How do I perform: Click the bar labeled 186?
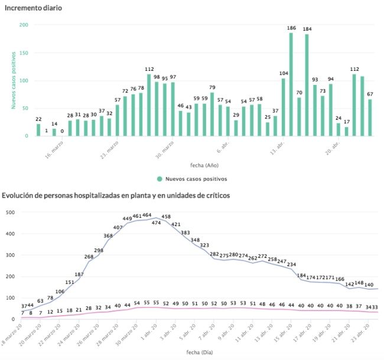[291, 84]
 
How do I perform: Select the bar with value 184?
[307, 85]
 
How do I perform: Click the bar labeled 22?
[39, 130]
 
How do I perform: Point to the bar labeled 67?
[370, 117]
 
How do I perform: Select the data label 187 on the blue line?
[79, 274]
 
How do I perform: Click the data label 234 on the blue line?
[291, 264]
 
